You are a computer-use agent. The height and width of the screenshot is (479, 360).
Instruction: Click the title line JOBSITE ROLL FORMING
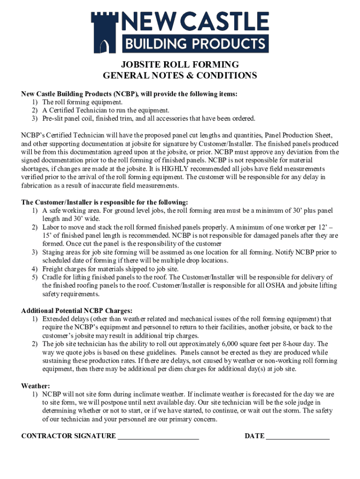point(180,65)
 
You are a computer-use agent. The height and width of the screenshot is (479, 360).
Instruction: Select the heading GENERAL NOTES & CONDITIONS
point(180,75)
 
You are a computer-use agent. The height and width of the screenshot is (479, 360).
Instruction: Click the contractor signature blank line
point(158,436)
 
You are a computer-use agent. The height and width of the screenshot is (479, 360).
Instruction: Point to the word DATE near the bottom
point(254,436)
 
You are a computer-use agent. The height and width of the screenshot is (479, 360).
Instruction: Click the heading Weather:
point(36,386)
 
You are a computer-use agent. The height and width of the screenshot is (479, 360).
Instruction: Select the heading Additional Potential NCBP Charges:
point(77,311)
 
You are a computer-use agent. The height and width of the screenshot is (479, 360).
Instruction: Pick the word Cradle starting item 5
point(53,277)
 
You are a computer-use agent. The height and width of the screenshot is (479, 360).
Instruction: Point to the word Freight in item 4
point(53,269)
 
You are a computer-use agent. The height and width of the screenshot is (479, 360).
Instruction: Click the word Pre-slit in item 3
point(54,118)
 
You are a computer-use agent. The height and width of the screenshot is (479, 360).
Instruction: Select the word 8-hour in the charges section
point(298,344)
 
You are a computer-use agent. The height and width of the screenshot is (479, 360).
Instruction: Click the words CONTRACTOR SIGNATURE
point(68,436)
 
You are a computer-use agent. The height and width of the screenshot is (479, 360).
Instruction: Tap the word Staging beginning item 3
point(55,252)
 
